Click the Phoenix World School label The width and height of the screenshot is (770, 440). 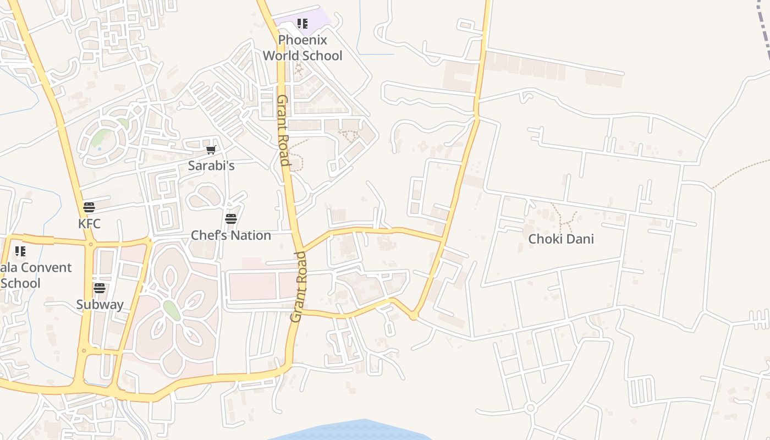coord(302,48)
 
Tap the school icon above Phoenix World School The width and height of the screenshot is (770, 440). coord(302,24)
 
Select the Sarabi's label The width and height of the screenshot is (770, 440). coord(211,165)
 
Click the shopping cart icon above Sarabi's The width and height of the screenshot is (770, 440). coord(211,150)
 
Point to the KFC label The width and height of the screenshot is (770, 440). coord(89,224)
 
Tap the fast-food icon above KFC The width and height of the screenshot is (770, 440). coord(89,207)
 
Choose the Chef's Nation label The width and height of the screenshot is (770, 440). coord(231,235)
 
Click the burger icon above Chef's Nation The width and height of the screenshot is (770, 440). coord(231,218)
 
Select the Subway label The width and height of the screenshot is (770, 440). coord(100,304)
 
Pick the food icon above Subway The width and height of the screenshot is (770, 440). coord(100,288)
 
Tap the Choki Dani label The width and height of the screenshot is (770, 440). coord(561,239)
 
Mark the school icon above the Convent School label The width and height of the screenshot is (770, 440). coord(20,251)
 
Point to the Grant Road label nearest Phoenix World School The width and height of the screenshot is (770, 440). coord(283,130)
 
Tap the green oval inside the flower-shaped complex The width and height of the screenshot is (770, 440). coord(172,310)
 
